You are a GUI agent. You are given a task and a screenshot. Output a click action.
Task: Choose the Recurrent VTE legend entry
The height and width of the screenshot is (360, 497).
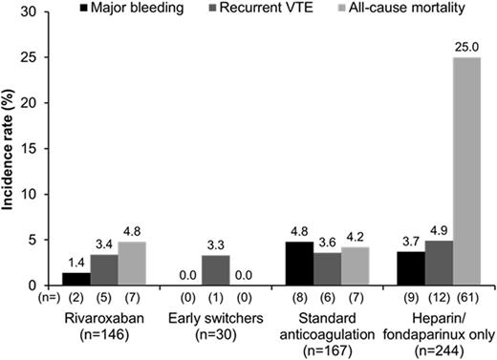coord(240,10)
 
